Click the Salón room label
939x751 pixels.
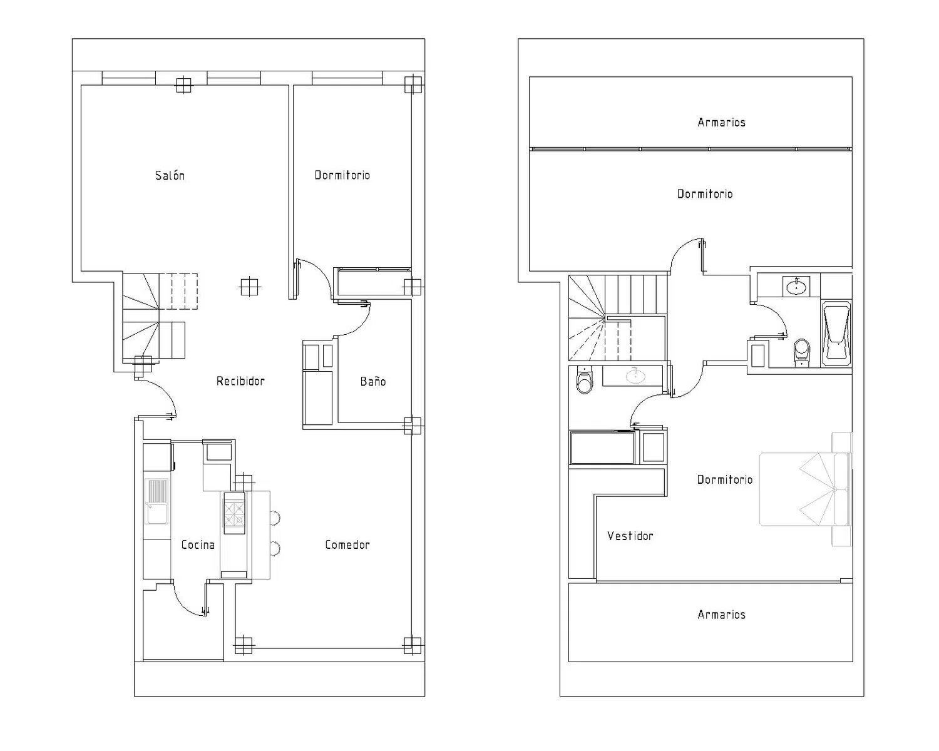click(x=170, y=175)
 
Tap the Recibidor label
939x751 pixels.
click(x=240, y=381)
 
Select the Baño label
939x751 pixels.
click(x=373, y=381)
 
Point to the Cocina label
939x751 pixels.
click(x=198, y=544)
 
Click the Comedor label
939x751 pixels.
click(x=347, y=544)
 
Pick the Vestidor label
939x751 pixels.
click(x=630, y=536)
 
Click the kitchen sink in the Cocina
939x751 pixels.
click(x=156, y=501)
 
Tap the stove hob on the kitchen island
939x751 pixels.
click(x=235, y=513)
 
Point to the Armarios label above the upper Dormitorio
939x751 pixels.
click(x=721, y=122)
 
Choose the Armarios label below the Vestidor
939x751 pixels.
click(x=721, y=615)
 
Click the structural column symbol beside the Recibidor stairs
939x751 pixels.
click(x=250, y=287)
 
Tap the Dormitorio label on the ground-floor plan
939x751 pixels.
click(x=342, y=175)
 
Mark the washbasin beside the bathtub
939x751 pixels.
click(x=796, y=286)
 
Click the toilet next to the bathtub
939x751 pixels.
click(x=801, y=352)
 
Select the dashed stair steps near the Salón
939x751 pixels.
click(x=178, y=292)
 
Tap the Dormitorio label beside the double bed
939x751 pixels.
click(x=725, y=479)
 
